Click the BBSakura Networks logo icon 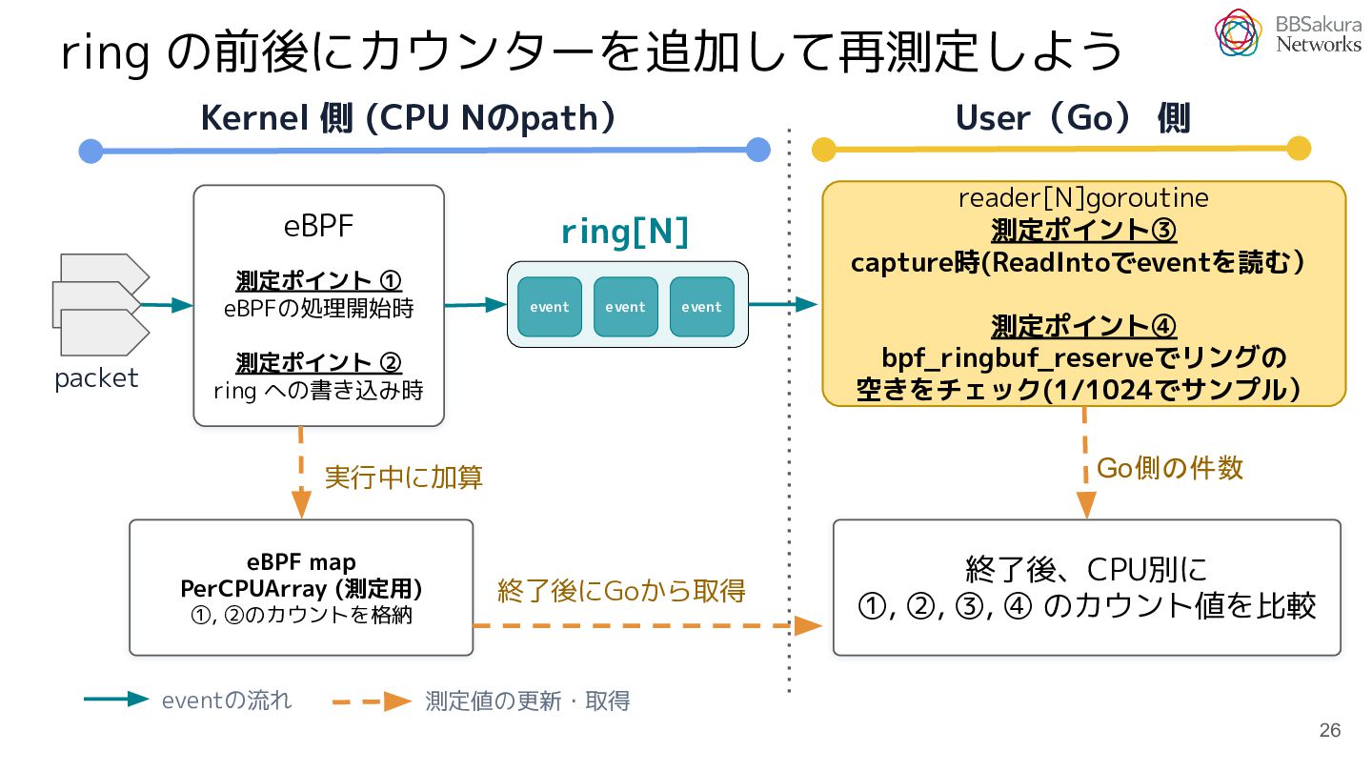click(x=1238, y=32)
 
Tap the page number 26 click(x=1330, y=730)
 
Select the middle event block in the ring click(x=625, y=306)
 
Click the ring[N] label click(x=625, y=233)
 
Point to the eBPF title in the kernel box click(x=318, y=226)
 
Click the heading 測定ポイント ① click(x=318, y=280)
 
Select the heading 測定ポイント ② click(x=318, y=363)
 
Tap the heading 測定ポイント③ click(x=1083, y=231)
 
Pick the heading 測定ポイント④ click(x=1083, y=326)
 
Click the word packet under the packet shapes click(x=96, y=378)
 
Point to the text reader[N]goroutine click(x=1083, y=198)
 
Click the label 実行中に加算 click(x=404, y=477)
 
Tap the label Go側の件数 click(x=1170, y=468)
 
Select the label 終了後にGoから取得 click(x=621, y=591)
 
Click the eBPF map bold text click(x=301, y=561)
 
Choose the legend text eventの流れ click(x=227, y=701)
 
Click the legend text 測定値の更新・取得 click(x=528, y=701)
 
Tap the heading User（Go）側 click(x=1073, y=117)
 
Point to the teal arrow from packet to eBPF click(x=167, y=305)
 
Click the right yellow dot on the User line click(x=1299, y=149)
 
